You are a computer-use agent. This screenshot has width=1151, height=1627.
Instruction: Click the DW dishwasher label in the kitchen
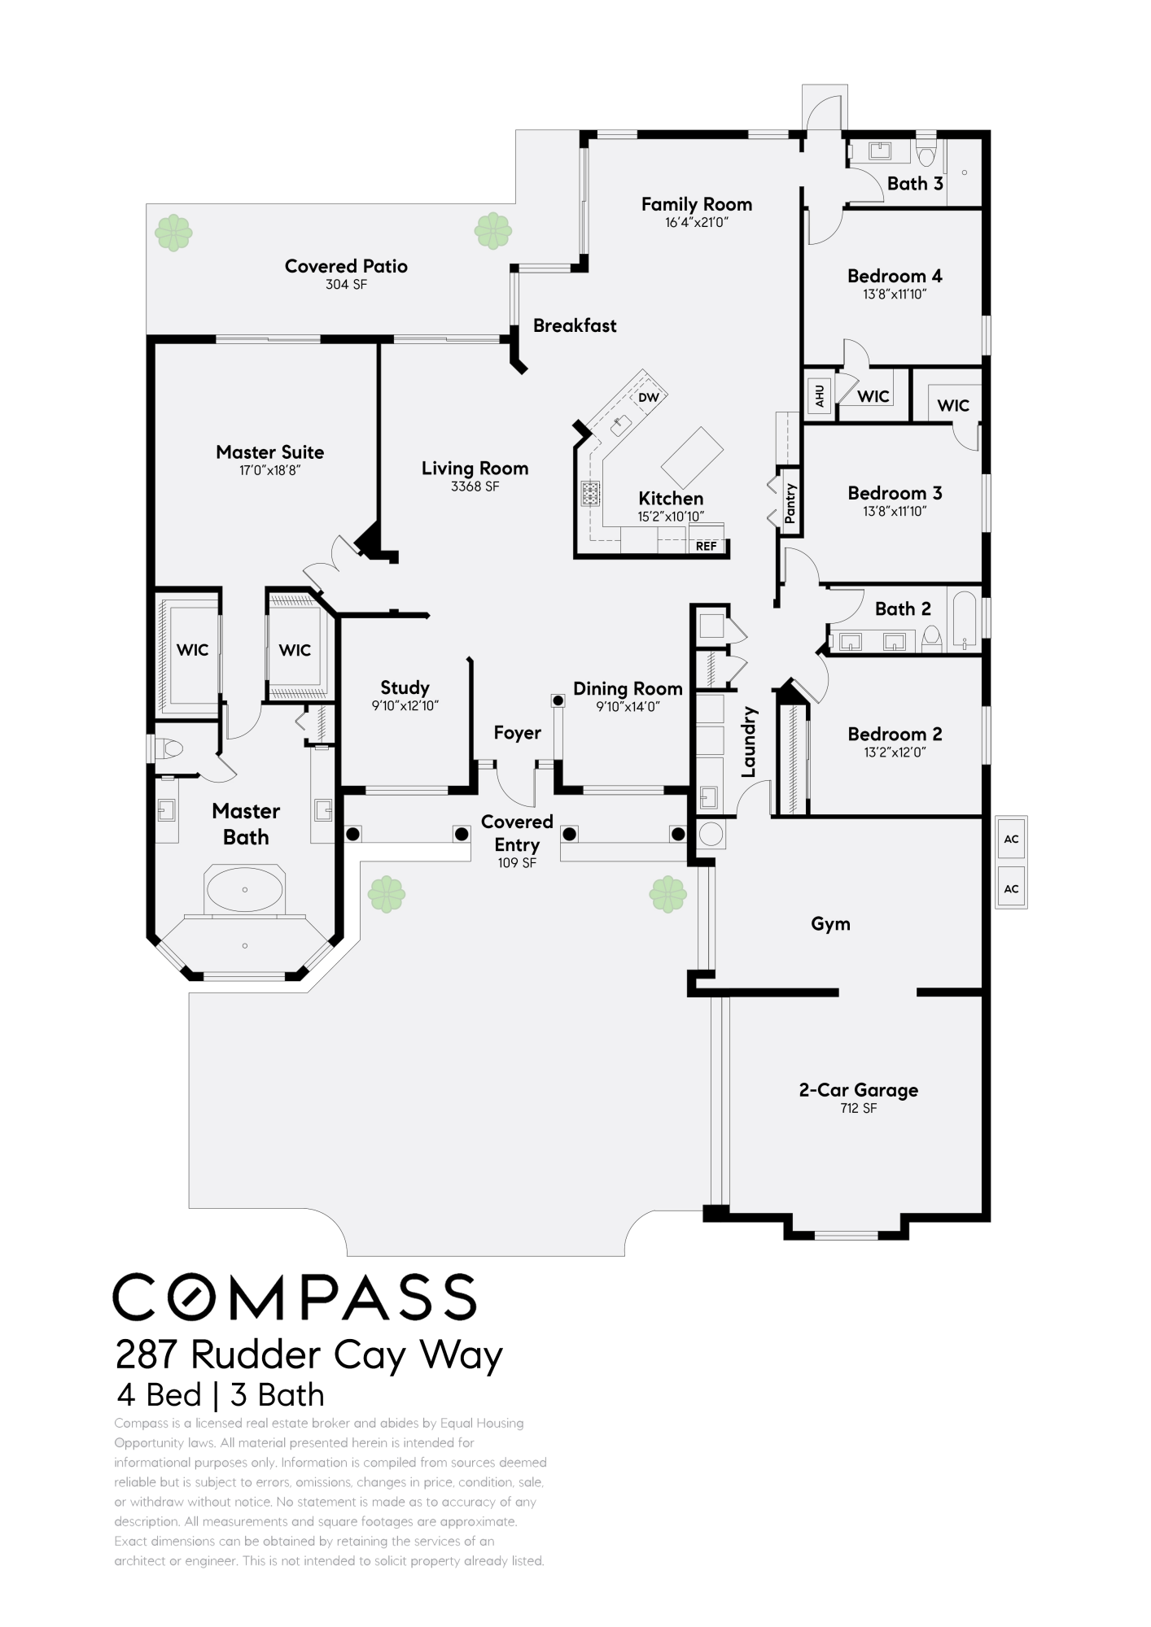click(648, 398)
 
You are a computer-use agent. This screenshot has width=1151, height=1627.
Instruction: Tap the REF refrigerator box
click(706, 546)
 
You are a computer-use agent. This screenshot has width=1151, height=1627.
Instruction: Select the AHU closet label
click(820, 395)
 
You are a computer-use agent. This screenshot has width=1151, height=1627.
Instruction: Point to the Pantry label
click(790, 503)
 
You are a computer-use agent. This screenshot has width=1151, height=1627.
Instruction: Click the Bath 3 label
click(915, 184)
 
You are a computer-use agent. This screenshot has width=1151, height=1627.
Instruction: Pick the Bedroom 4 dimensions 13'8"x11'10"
click(895, 294)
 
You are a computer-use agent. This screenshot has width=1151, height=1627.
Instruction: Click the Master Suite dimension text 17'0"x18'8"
click(269, 470)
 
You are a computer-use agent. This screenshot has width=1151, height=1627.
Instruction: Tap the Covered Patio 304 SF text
click(347, 285)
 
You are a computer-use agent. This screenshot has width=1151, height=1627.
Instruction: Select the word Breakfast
click(575, 325)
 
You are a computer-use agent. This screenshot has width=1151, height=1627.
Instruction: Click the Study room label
click(405, 687)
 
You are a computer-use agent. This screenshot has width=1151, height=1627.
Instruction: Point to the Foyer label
click(517, 733)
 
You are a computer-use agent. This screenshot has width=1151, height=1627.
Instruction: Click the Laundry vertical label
click(750, 741)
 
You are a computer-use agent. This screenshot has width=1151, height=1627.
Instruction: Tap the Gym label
click(830, 923)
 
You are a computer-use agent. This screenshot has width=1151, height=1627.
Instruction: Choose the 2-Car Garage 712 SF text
click(859, 1108)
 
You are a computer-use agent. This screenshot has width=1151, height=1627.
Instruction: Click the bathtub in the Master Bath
click(245, 889)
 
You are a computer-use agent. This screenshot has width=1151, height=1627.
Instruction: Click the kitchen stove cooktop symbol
click(590, 493)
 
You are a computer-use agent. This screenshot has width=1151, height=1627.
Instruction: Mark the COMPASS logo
click(294, 1296)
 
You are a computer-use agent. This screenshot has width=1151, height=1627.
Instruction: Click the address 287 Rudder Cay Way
click(309, 1355)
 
